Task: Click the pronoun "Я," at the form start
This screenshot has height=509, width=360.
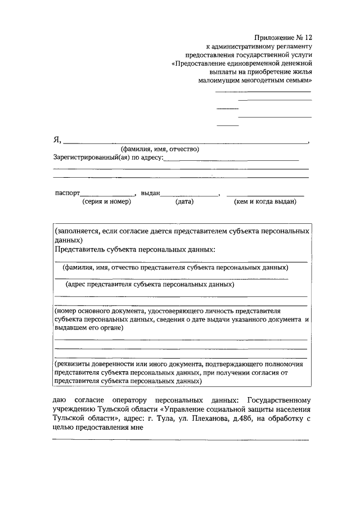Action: tap(57, 141)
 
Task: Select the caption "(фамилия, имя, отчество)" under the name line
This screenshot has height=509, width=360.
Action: tap(160, 149)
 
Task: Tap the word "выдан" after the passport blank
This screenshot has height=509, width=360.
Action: tap(151, 192)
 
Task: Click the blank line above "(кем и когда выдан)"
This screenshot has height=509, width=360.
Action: tap(265, 195)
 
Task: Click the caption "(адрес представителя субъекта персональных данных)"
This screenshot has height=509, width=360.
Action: tap(150, 284)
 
